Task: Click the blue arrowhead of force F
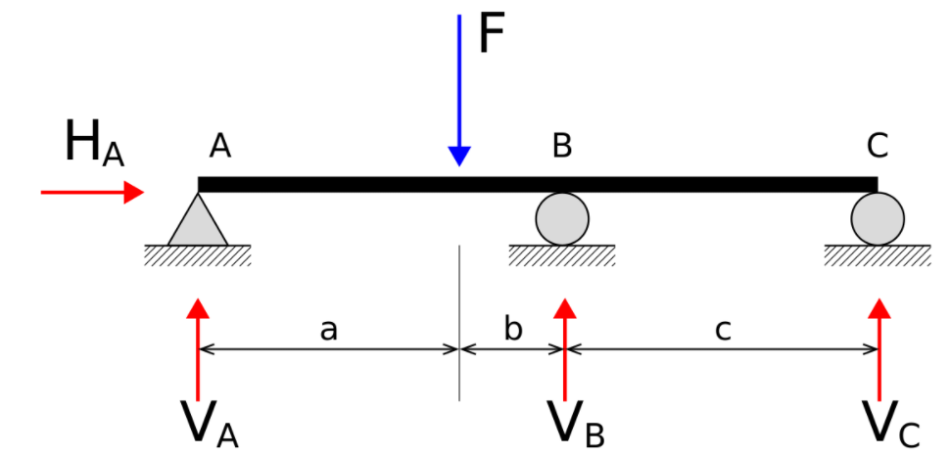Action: (x=459, y=157)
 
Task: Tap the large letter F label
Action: (x=492, y=34)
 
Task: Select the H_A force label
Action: (x=94, y=144)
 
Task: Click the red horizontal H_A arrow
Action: (x=92, y=193)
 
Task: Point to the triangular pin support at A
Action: (x=198, y=219)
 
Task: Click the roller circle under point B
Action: (x=562, y=219)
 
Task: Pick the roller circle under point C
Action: (x=878, y=219)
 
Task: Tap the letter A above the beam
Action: (x=219, y=146)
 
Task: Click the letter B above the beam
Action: (x=562, y=146)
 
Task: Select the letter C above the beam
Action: (x=878, y=146)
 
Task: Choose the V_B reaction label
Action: (x=577, y=425)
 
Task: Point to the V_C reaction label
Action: (x=891, y=425)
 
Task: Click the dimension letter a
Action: (x=328, y=331)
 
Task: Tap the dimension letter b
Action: (x=513, y=328)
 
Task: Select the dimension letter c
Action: (x=723, y=331)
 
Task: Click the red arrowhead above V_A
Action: (x=198, y=308)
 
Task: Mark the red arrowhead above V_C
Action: (x=879, y=308)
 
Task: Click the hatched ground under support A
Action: (x=198, y=255)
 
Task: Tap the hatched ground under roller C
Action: (x=878, y=255)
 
